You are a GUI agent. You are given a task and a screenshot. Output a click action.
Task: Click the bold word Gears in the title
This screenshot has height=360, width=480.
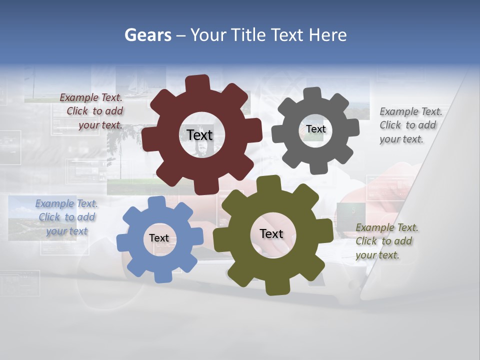point(147,35)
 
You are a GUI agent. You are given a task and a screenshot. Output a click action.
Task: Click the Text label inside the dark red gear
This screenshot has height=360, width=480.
point(199,135)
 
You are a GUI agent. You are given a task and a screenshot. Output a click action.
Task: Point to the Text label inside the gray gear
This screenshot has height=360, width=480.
point(316,129)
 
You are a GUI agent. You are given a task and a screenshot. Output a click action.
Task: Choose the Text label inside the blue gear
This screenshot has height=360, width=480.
point(159,238)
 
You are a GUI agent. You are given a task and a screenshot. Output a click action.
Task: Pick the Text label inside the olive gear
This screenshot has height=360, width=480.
point(271,233)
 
